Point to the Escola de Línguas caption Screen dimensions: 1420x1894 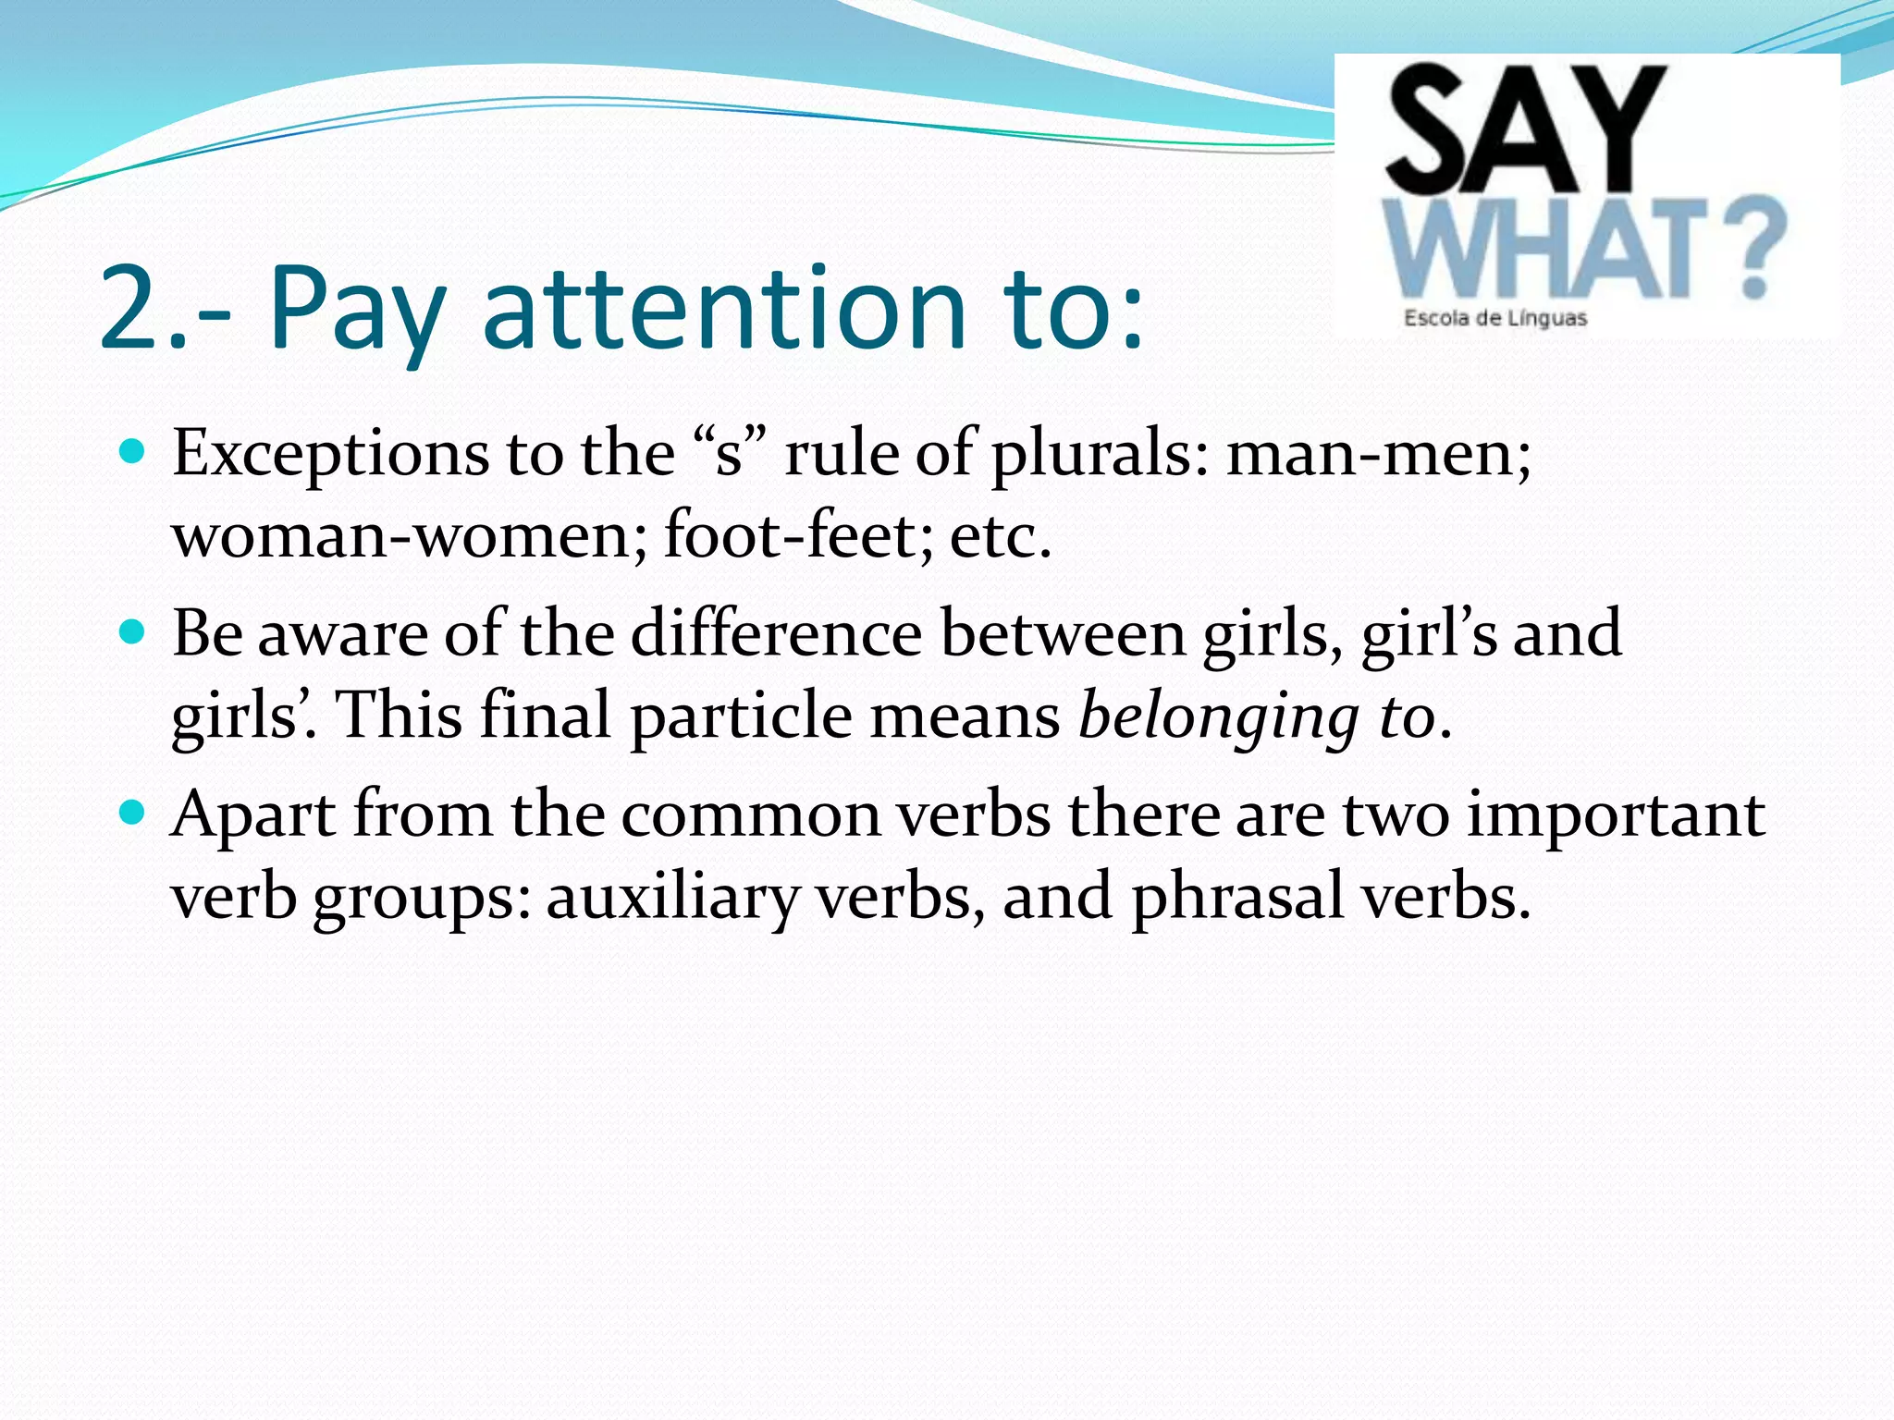coord(1494,319)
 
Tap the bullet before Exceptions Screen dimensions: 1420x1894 coord(133,452)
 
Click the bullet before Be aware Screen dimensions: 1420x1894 coord(133,633)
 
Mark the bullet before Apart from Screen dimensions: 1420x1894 coord(133,814)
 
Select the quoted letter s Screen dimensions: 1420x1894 coord(730,455)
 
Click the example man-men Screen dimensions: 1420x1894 coord(1378,455)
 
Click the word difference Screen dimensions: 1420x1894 coord(776,634)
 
